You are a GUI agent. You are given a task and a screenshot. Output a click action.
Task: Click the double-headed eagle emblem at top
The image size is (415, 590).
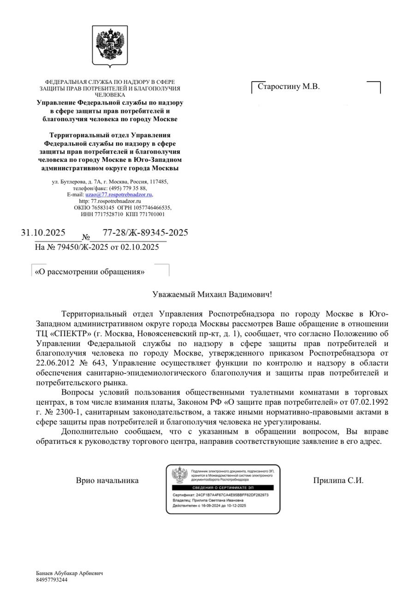click(110, 45)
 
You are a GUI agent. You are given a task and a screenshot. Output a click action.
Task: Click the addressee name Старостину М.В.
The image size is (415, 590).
click(288, 87)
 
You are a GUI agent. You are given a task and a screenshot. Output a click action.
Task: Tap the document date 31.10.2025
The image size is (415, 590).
click(43, 233)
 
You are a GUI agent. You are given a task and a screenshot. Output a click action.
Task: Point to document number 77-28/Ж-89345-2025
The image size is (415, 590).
click(145, 232)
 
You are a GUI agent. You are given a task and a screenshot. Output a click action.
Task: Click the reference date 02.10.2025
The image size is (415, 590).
click(140, 247)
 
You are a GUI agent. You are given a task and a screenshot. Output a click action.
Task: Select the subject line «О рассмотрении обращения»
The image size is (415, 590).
click(90, 272)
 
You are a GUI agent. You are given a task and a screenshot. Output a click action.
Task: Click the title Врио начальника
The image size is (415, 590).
click(107, 480)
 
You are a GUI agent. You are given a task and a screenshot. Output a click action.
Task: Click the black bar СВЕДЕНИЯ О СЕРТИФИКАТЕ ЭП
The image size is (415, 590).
click(223, 487)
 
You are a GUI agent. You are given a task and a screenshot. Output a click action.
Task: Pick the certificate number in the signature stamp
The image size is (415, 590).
click(232, 495)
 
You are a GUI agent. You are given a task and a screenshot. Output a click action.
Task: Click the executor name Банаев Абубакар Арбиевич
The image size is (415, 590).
click(69, 573)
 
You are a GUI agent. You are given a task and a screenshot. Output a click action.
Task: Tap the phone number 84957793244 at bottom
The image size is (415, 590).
click(52, 580)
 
